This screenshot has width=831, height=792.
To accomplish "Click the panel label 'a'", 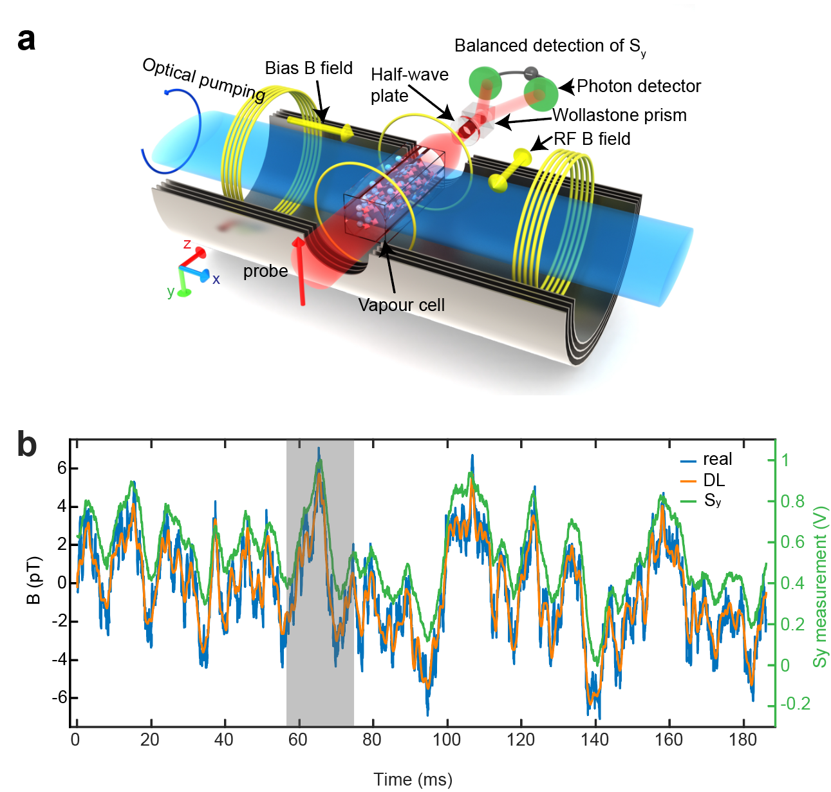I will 26,40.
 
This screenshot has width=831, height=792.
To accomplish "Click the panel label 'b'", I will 27,445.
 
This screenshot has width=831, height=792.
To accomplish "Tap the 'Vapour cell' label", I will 401,305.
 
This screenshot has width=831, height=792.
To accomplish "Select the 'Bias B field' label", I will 308,68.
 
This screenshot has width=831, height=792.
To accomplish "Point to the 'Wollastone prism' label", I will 619,115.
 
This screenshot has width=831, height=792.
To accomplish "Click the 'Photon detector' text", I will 639,86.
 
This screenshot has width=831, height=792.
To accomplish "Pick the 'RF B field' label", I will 592,139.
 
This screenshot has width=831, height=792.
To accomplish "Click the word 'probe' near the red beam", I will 265,272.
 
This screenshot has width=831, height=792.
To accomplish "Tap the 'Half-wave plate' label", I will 409,85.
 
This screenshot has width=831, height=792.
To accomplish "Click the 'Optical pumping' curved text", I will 203,79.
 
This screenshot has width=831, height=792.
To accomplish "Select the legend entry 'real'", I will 717,459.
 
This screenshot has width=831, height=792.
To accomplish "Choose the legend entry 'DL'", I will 714,480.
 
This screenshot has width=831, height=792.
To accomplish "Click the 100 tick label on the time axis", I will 447,740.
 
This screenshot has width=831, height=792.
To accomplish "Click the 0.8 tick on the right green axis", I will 792,501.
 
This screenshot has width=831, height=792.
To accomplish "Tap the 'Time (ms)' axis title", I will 413,780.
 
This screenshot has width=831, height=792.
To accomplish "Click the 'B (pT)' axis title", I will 33,580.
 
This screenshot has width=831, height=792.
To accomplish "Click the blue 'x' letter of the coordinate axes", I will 216,279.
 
